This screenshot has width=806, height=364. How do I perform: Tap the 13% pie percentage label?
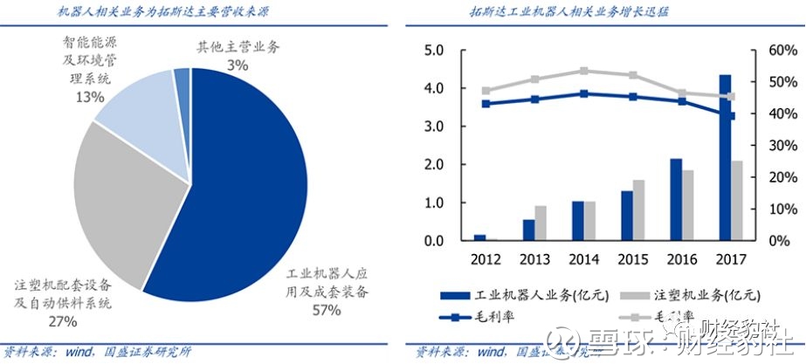pos(90,97)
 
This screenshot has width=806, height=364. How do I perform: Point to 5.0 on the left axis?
pos(434,51)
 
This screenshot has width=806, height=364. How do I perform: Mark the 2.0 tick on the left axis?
pos(434,165)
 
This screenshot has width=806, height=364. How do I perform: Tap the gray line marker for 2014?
pos(584,72)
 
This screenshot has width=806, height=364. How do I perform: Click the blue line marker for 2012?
pos(486,104)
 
